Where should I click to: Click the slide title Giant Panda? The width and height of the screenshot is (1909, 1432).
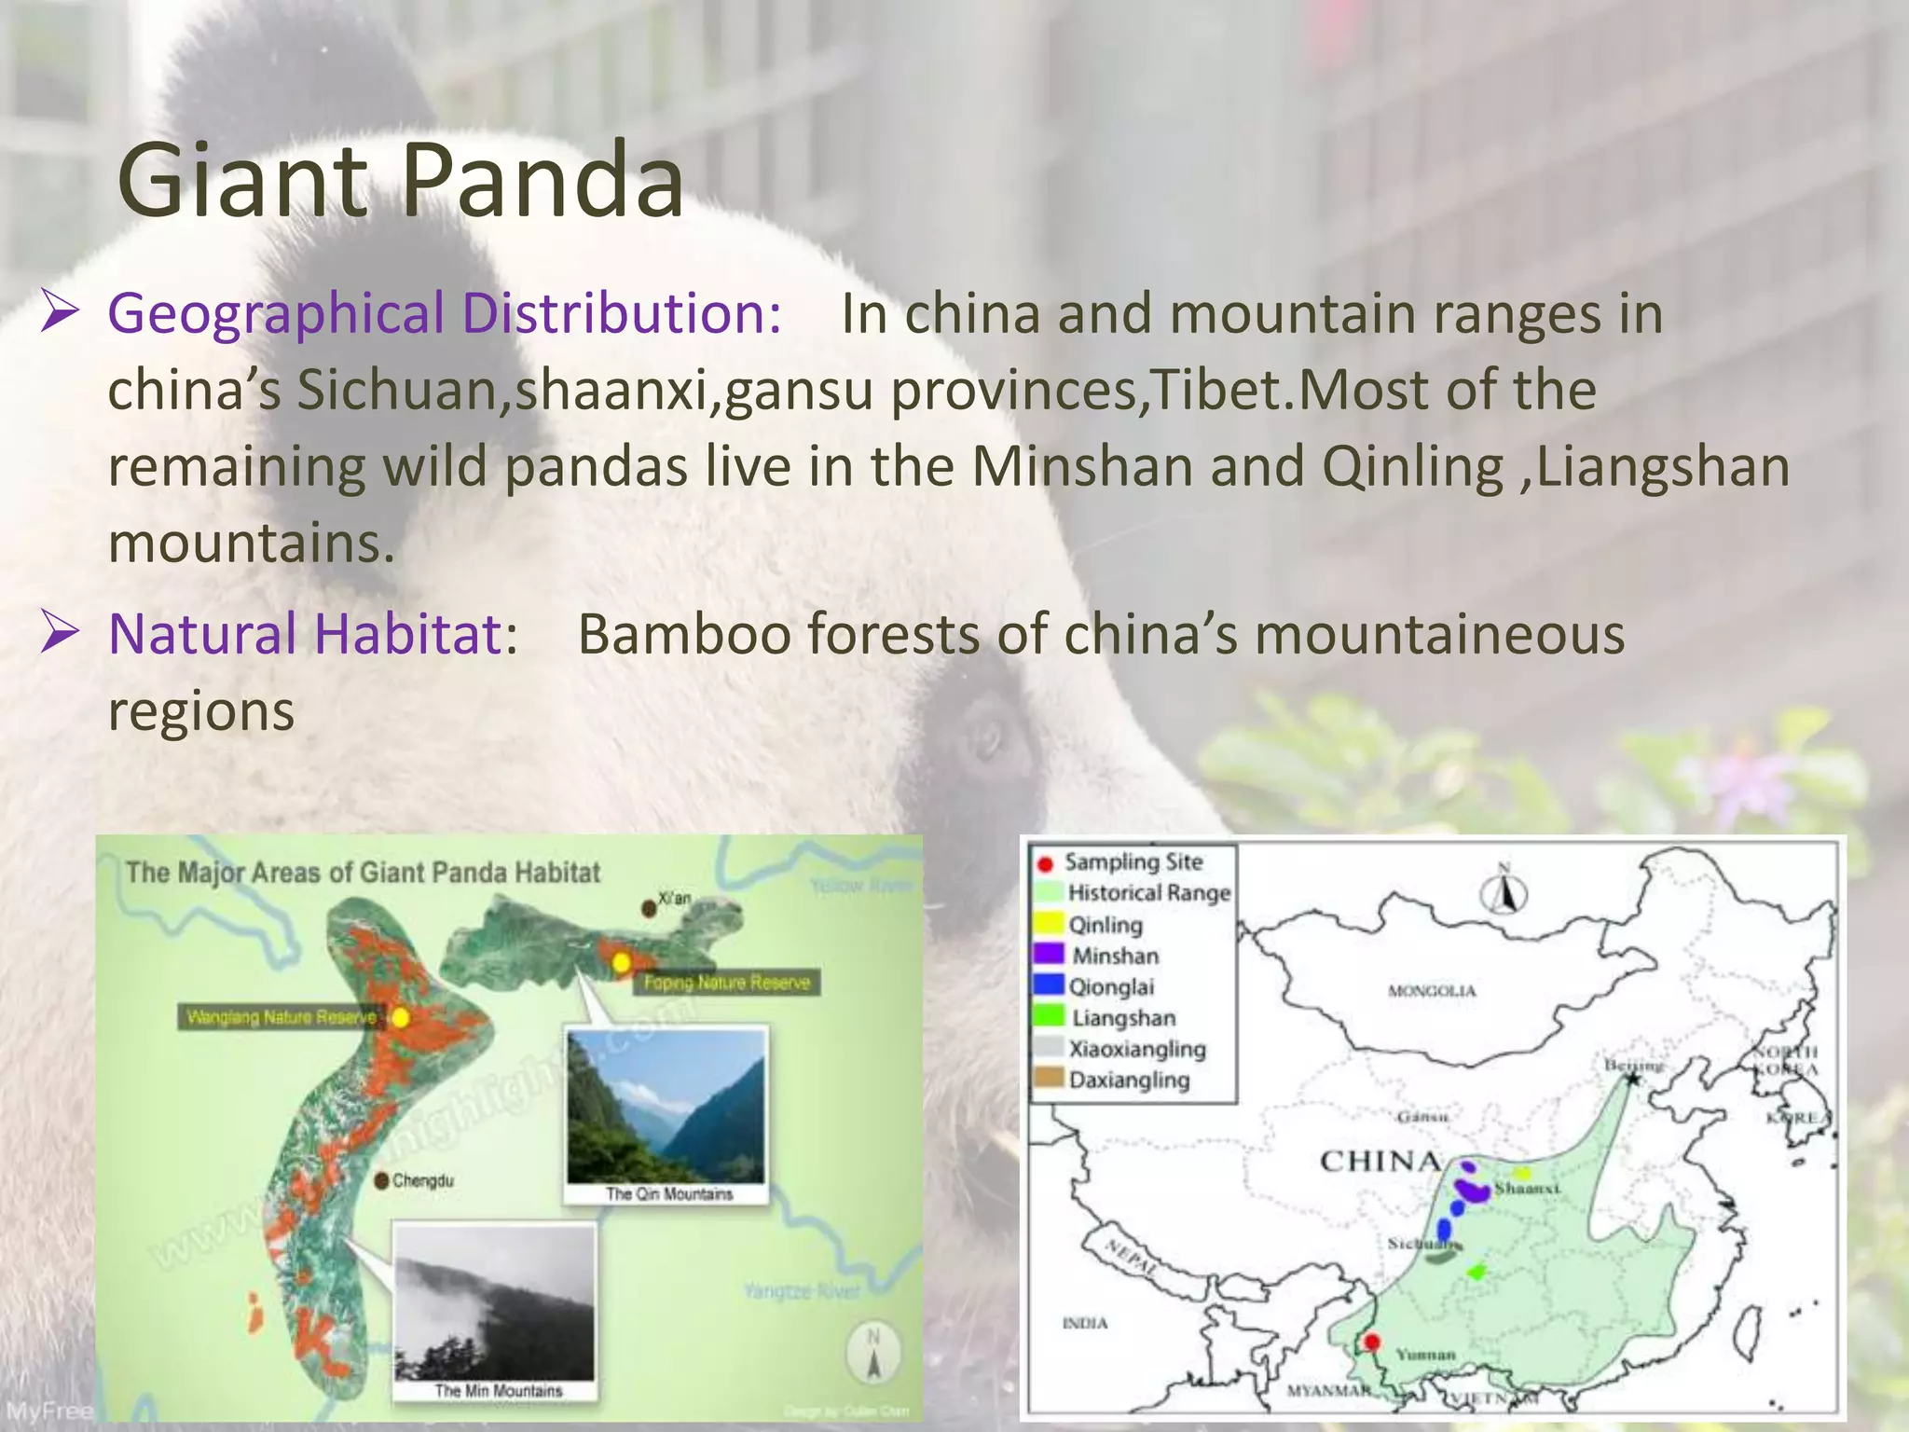click(401, 181)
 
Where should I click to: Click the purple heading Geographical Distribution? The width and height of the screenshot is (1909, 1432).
click(444, 313)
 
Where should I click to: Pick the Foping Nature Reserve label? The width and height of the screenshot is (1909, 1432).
click(726, 983)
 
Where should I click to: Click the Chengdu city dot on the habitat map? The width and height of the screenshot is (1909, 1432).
click(381, 1181)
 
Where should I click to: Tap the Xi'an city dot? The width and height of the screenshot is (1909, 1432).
click(649, 907)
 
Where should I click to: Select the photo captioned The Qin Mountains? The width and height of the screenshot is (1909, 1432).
click(666, 1105)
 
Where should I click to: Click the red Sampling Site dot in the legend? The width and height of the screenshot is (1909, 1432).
click(1046, 864)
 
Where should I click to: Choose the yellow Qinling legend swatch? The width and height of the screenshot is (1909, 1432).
click(1049, 924)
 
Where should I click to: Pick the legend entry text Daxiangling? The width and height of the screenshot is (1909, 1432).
click(1129, 1081)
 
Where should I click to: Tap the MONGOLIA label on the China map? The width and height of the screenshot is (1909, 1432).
click(1432, 991)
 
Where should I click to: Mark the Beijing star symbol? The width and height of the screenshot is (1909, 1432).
click(1633, 1080)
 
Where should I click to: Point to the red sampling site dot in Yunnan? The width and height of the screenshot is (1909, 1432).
click(1372, 1342)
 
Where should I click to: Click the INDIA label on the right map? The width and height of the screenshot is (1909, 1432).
click(1085, 1323)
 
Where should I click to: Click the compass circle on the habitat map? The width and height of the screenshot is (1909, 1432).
click(873, 1351)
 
